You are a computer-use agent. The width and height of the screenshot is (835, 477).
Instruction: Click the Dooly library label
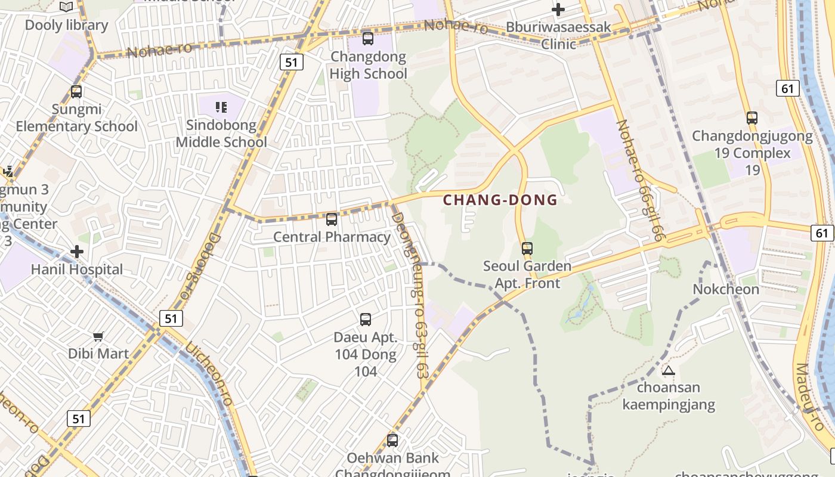(x=66, y=25)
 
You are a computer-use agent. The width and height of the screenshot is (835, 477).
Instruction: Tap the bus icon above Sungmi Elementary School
(x=76, y=92)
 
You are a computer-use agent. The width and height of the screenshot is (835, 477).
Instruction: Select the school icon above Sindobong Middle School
(x=221, y=107)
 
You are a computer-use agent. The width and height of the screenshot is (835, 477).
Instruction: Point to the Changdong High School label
(x=369, y=66)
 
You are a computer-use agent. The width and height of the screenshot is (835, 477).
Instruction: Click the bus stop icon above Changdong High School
(x=368, y=39)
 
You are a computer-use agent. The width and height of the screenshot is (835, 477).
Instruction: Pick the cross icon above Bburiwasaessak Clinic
(x=558, y=10)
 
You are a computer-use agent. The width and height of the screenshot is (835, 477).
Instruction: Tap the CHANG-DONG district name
(x=500, y=200)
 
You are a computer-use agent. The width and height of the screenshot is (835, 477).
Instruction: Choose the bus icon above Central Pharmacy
(x=332, y=219)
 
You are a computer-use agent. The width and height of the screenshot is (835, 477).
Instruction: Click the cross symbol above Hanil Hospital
(x=77, y=252)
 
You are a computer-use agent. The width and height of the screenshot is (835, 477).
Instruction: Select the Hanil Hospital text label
(x=77, y=270)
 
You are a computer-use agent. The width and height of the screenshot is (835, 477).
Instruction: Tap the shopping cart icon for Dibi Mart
(x=98, y=336)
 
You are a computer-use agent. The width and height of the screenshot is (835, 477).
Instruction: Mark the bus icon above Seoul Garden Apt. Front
(x=527, y=249)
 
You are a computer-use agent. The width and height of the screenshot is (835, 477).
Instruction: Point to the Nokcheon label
(x=726, y=290)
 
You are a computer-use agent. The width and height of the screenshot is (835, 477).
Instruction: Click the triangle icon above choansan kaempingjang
(x=669, y=370)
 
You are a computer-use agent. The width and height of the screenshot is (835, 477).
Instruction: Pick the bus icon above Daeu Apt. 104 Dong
(x=366, y=320)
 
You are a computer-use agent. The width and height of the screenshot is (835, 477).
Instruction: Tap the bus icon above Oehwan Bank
(x=392, y=441)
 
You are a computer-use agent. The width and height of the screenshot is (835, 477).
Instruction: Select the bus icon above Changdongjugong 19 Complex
(x=752, y=118)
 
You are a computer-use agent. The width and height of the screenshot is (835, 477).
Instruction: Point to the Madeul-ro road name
(x=811, y=397)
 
